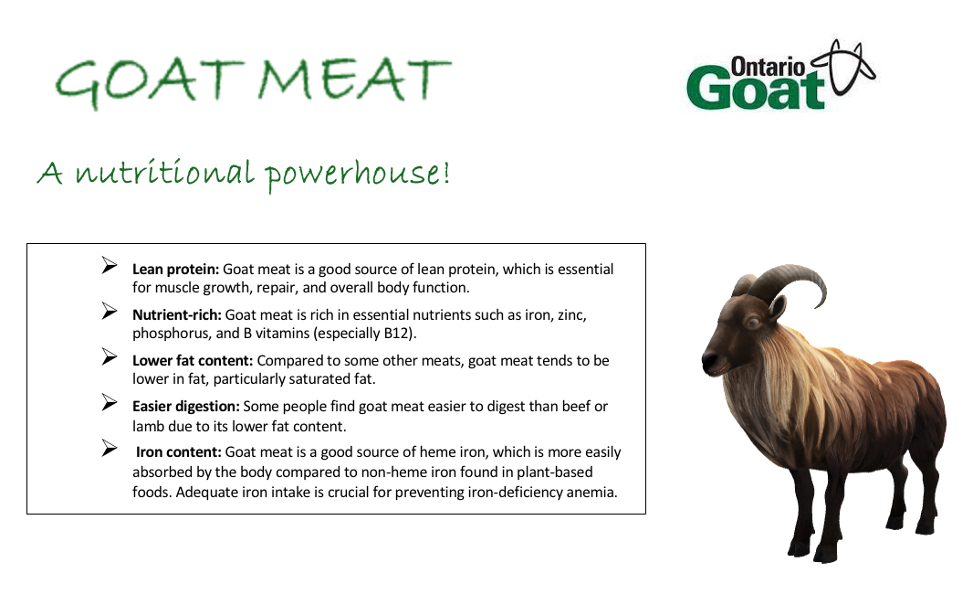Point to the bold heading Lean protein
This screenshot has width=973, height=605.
click(175, 270)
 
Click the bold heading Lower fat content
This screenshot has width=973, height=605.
click(193, 361)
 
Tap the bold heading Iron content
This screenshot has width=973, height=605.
click(179, 452)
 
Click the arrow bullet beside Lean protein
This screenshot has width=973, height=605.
click(110, 266)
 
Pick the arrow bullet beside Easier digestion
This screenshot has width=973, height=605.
click(110, 403)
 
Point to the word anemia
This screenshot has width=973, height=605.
click(594, 493)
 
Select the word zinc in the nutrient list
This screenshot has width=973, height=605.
click(571, 315)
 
